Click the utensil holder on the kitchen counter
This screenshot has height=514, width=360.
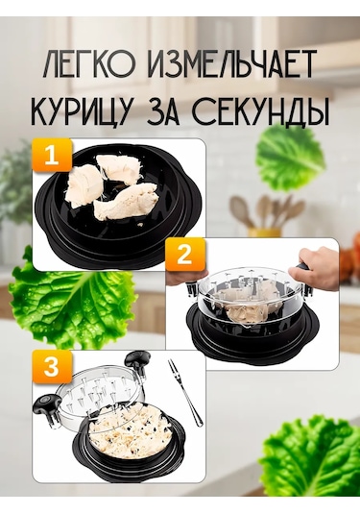click(263, 221)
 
